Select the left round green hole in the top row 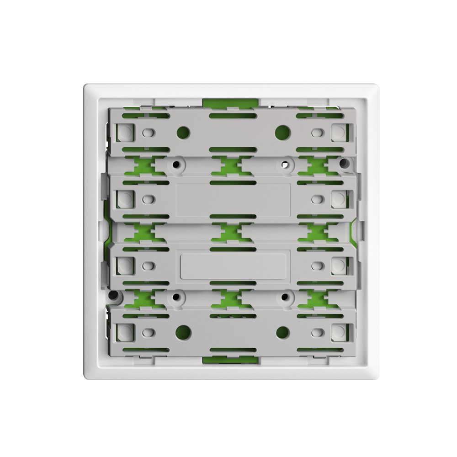click(x=183, y=133)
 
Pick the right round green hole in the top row click(x=283, y=133)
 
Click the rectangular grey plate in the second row click(x=233, y=200)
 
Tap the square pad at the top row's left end click(x=124, y=133)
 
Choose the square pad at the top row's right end click(x=338, y=133)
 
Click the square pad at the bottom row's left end click(x=124, y=331)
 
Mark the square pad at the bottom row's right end click(x=338, y=331)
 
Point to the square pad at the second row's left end click(x=124, y=199)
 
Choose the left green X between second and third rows click(x=143, y=232)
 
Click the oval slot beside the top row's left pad click(x=148, y=133)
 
